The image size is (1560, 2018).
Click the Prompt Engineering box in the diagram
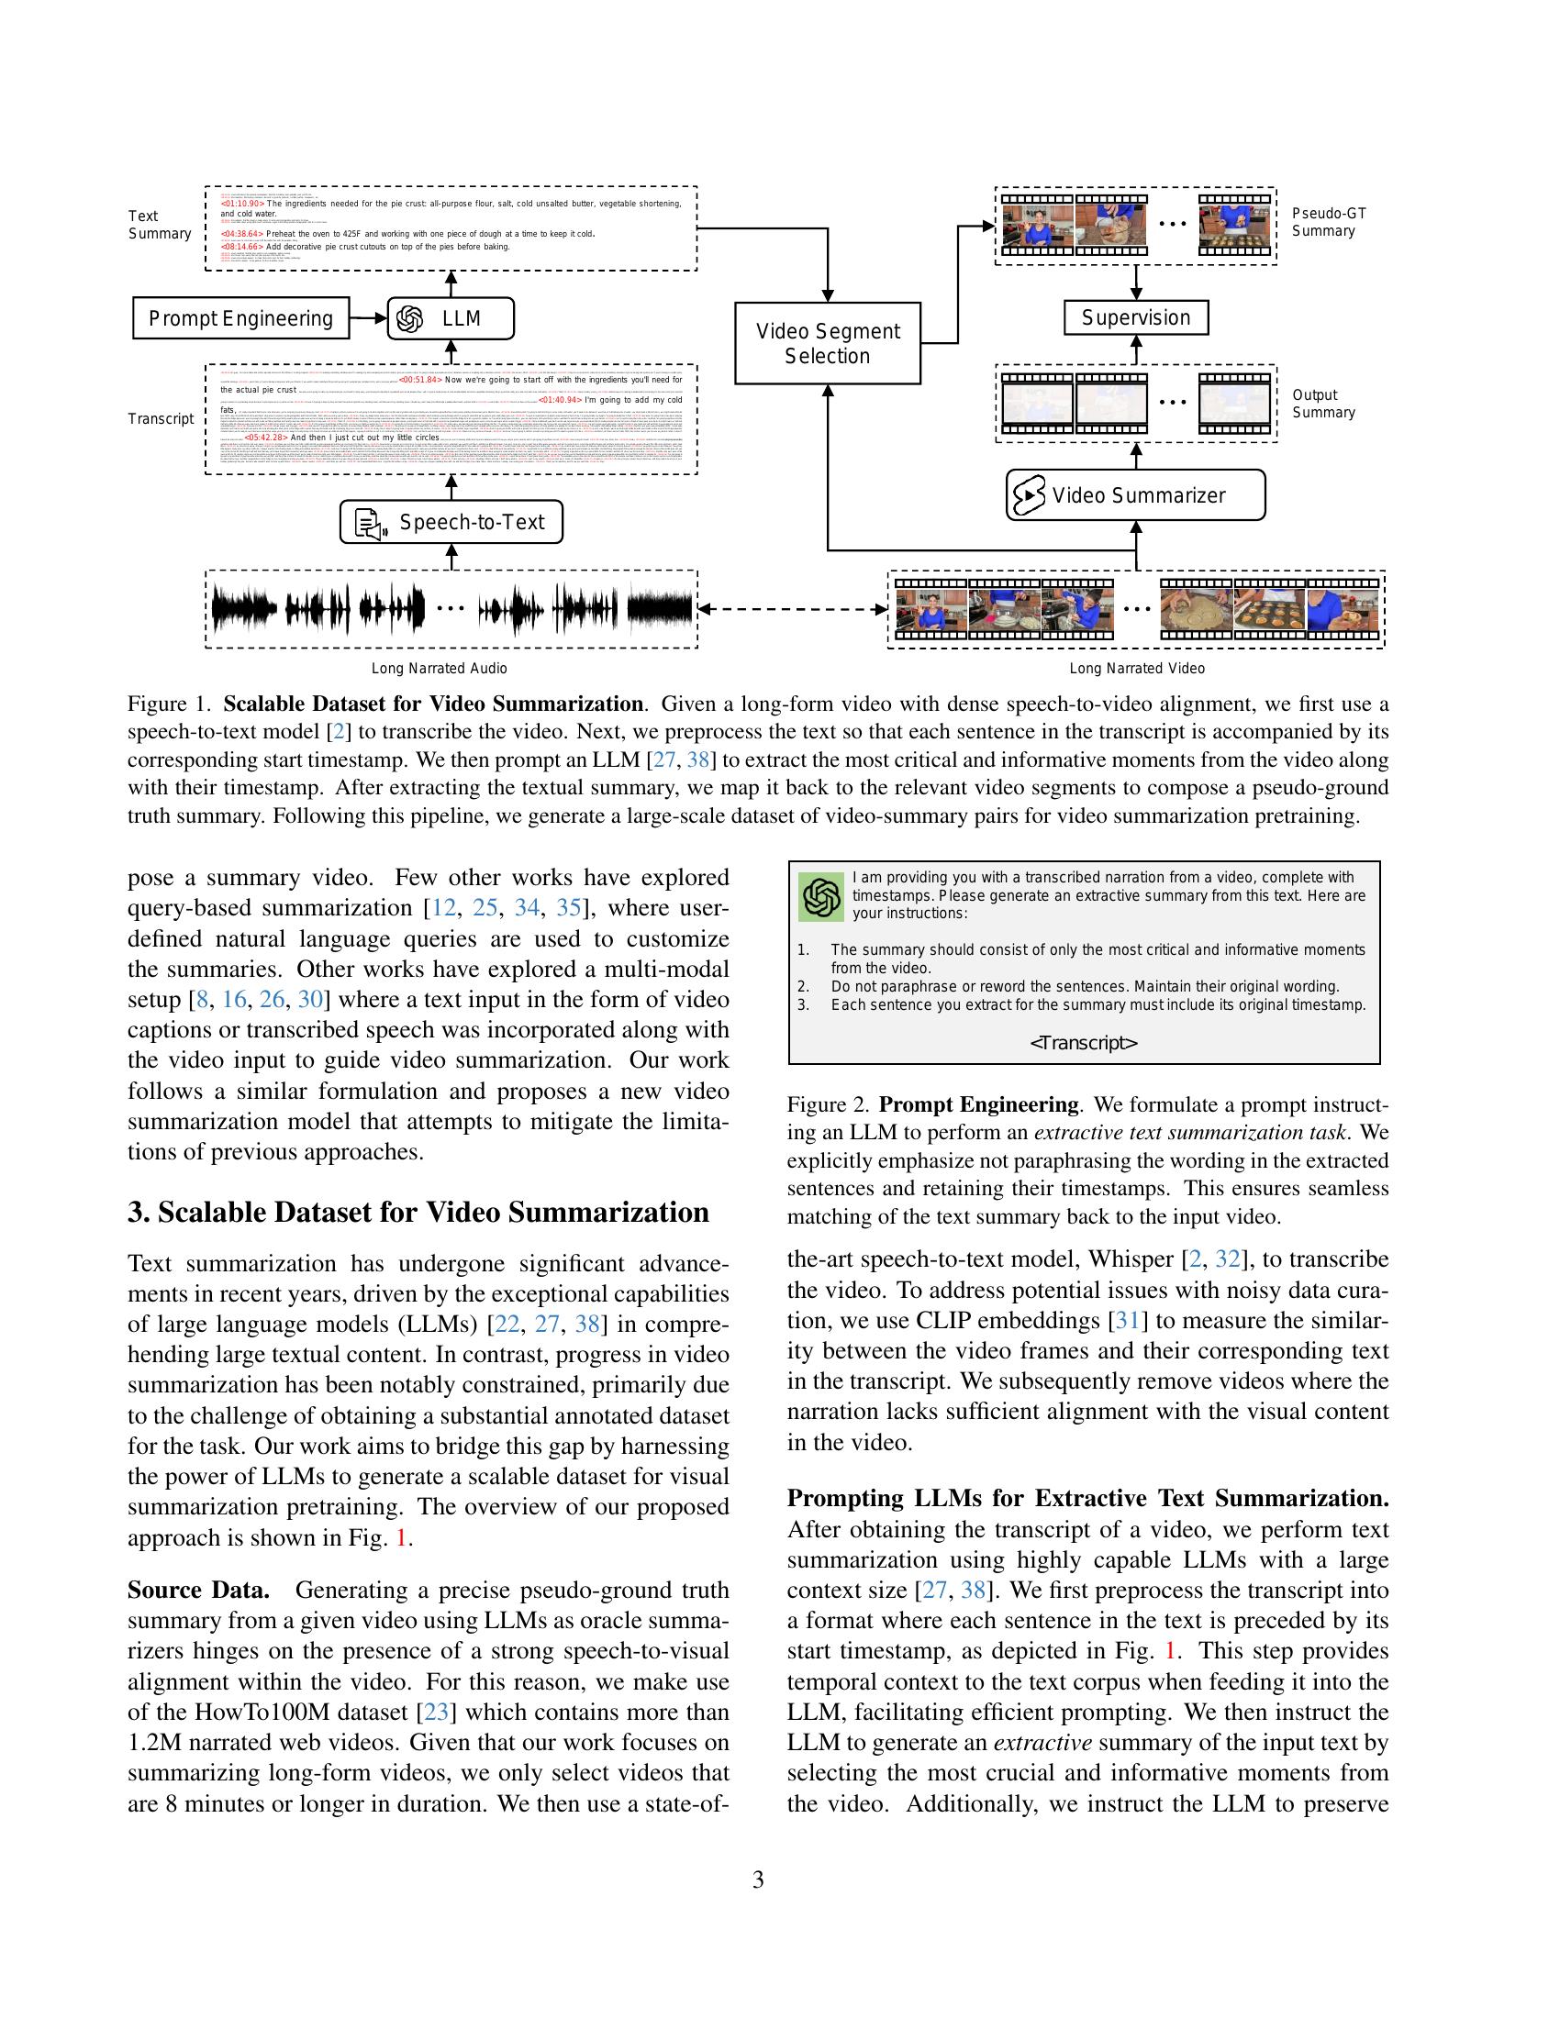(x=240, y=319)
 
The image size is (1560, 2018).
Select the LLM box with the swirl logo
(x=450, y=319)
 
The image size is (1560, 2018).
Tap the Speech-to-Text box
(x=451, y=522)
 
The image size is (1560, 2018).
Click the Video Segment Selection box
(x=827, y=343)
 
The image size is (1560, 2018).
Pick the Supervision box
(x=1136, y=318)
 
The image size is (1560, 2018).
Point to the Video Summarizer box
(x=1135, y=495)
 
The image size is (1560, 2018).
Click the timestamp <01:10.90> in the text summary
(x=242, y=204)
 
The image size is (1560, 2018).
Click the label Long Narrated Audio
(x=439, y=668)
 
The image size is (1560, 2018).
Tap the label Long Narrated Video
(x=1136, y=668)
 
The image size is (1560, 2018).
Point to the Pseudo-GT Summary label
(x=1328, y=222)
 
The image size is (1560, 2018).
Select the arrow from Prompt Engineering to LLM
(x=368, y=319)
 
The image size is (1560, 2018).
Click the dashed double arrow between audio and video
(x=792, y=609)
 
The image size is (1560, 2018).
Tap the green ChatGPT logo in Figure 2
(x=820, y=896)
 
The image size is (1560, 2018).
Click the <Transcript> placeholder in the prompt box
(x=1083, y=1043)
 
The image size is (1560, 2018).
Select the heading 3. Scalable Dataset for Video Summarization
(x=418, y=1213)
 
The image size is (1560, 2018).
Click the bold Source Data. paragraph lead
(x=199, y=1591)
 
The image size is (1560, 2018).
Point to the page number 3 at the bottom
(x=758, y=1879)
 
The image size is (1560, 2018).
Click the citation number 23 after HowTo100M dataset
(x=435, y=1713)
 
